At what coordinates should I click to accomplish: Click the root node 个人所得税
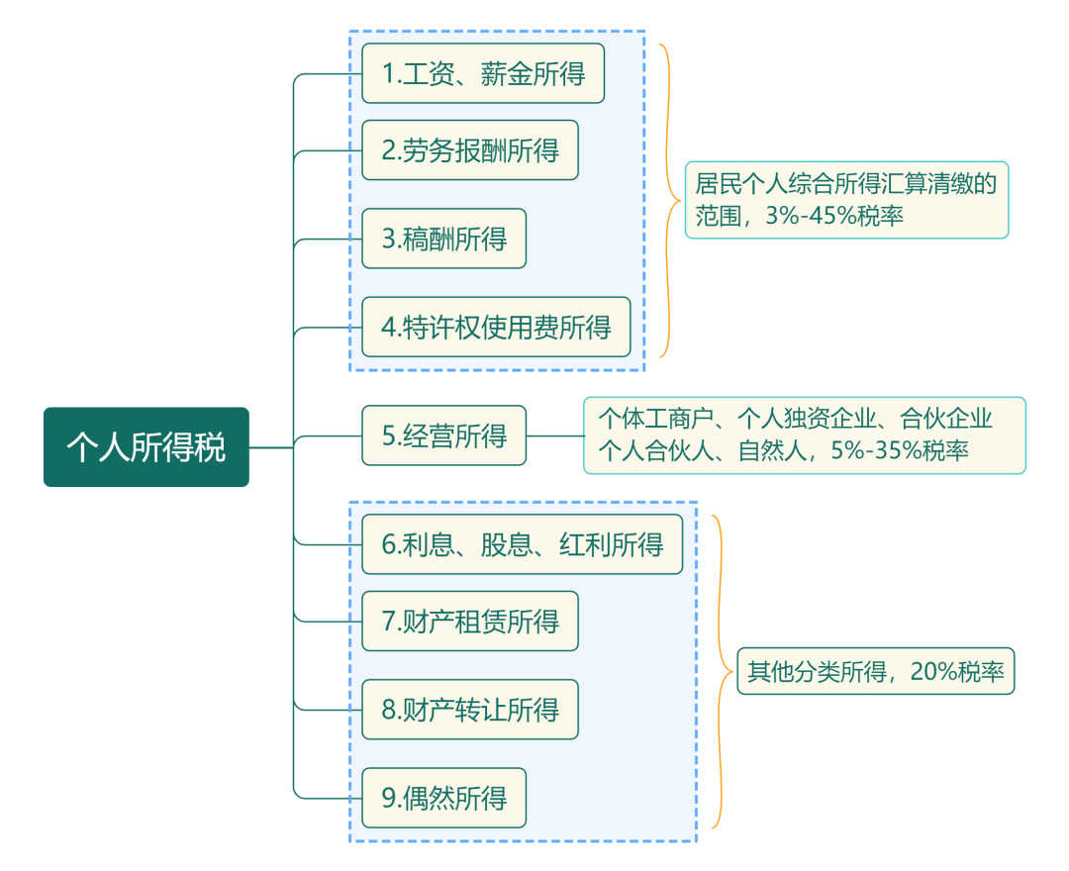click(146, 447)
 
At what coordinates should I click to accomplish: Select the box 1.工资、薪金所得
click(482, 73)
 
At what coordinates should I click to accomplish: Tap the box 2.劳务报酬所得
click(469, 150)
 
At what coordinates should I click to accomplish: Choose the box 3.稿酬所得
click(443, 239)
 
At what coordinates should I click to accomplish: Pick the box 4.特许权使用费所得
click(495, 327)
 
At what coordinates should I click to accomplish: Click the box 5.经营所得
click(443, 435)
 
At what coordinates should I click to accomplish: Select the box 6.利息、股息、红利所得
click(522, 544)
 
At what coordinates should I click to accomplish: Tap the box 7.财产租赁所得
click(469, 622)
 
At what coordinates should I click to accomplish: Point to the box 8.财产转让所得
click(469, 710)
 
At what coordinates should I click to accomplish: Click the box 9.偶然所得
click(443, 798)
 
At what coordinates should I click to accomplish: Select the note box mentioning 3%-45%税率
click(846, 200)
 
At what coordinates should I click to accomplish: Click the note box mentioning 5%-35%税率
click(804, 435)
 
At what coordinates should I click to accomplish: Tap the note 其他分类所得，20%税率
click(875, 672)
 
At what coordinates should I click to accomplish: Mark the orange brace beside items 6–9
click(720, 672)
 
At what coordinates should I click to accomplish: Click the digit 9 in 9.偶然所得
click(388, 798)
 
